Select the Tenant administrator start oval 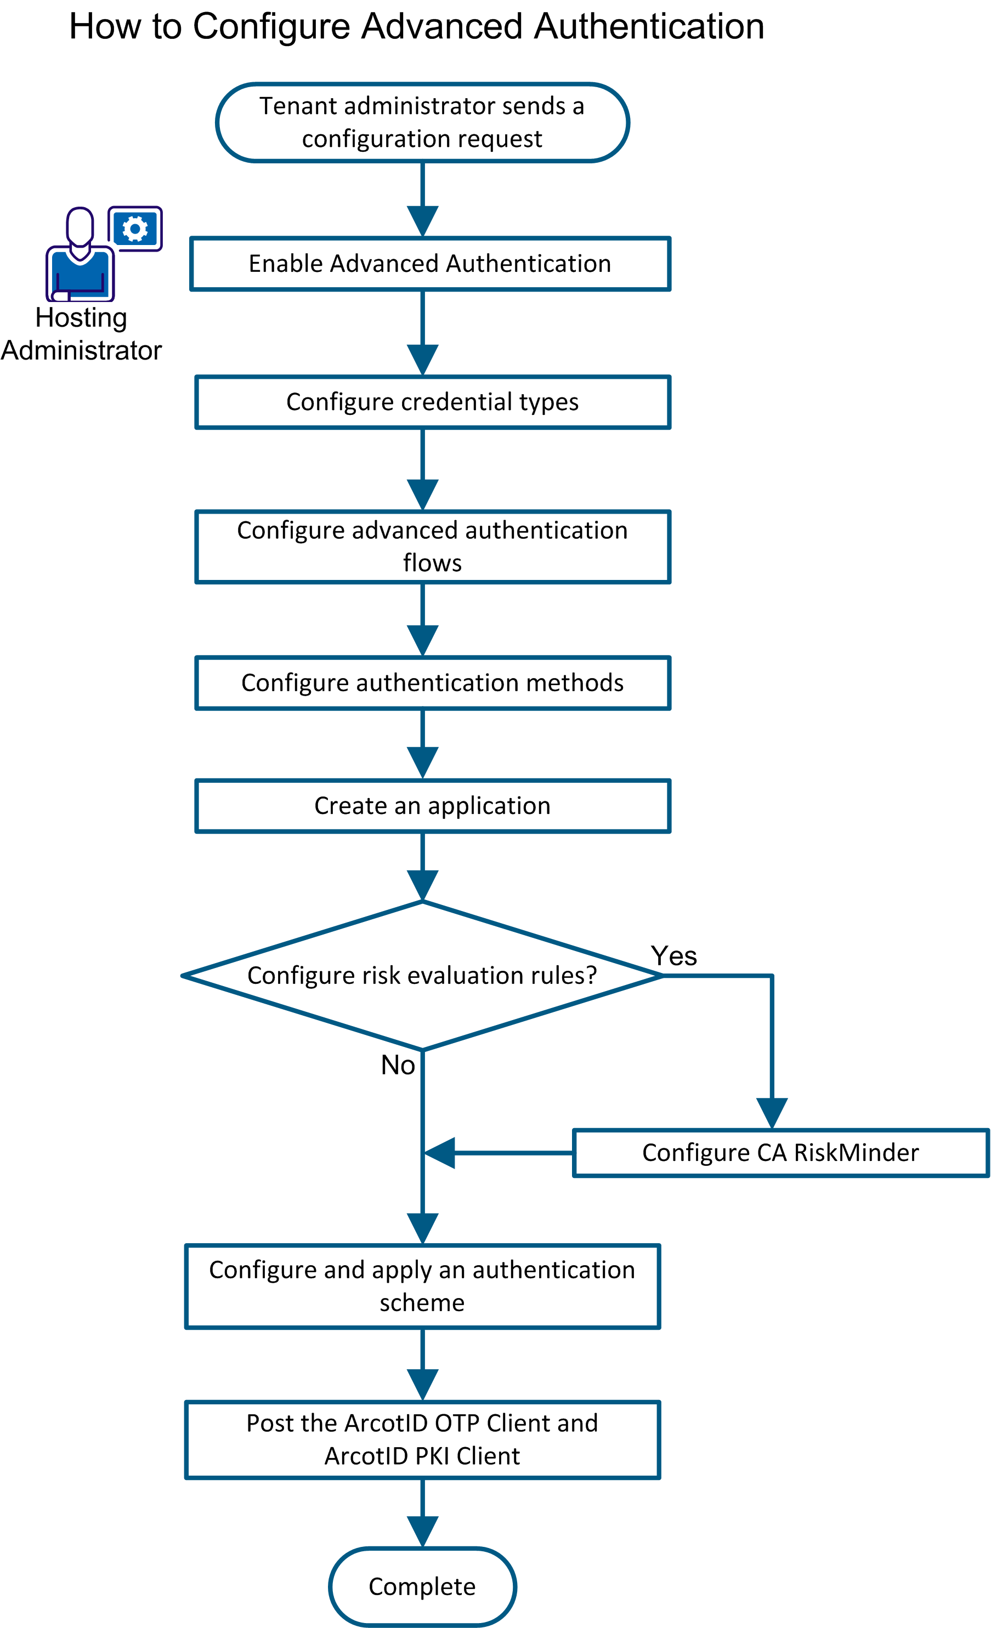[x=422, y=122]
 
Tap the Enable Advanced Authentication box [x=430, y=264]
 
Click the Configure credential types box [x=432, y=402]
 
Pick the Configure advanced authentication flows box [x=432, y=547]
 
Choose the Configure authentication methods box [x=432, y=682]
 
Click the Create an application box [x=432, y=805]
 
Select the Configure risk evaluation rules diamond [x=422, y=975]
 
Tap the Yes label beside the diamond [x=673, y=956]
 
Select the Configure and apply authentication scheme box [x=422, y=1286]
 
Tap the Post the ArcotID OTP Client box [x=422, y=1439]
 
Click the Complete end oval [x=422, y=1586]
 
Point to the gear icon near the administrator [x=135, y=229]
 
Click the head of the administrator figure [x=80, y=226]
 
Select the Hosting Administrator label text [x=81, y=334]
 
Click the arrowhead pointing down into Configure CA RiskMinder [x=772, y=1113]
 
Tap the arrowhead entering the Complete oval [x=422, y=1531]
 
